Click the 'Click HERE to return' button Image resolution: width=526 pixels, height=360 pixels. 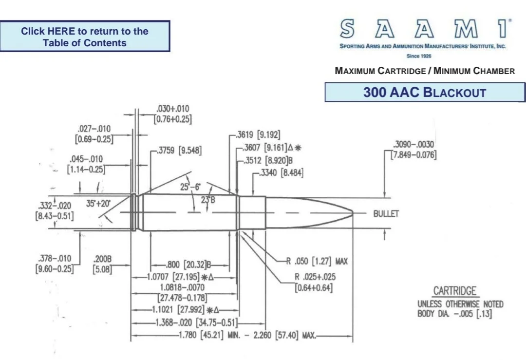[85, 36]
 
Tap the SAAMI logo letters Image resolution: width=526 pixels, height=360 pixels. [426, 29]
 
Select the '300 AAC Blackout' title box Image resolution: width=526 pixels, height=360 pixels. [425, 92]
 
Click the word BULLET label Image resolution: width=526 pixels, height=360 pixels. [386, 214]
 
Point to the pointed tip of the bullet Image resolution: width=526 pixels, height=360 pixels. [353, 212]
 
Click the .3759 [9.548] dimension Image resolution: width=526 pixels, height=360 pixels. [179, 151]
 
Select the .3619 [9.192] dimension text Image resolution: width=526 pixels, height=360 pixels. [258, 135]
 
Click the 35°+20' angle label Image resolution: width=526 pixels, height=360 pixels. [98, 203]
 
